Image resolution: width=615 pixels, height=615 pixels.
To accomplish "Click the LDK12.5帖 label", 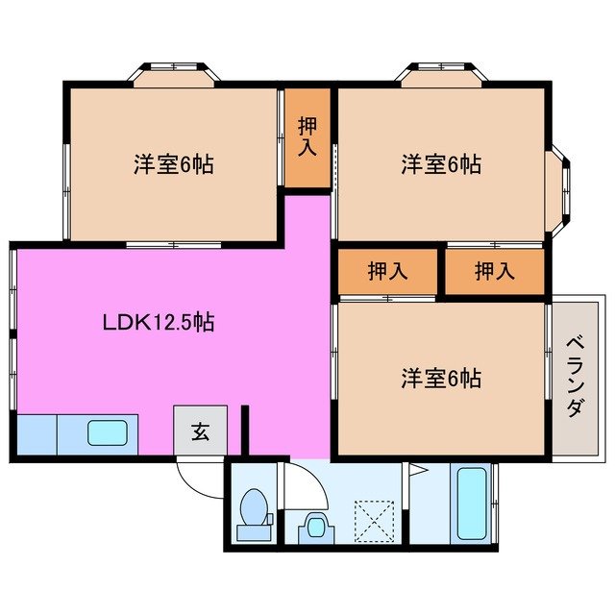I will (x=158, y=323).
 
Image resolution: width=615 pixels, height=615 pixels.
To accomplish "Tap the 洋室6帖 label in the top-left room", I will (x=173, y=164).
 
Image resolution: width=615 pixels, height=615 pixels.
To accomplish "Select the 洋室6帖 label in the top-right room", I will (x=441, y=164).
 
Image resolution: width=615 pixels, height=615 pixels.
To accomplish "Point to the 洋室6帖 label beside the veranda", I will (x=441, y=378).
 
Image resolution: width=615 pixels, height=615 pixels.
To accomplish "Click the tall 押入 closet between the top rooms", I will (x=307, y=136).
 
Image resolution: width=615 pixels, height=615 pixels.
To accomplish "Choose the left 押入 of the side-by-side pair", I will (x=387, y=272).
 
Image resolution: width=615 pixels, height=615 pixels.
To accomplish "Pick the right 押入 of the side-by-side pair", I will (x=494, y=272).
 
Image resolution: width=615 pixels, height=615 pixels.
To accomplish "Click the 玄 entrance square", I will (x=200, y=431).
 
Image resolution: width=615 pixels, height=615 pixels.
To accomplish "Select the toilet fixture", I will (x=254, y=509).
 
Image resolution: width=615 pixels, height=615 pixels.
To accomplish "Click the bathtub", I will (x=472, y=503).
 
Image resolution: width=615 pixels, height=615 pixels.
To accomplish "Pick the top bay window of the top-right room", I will (x=443, y=74).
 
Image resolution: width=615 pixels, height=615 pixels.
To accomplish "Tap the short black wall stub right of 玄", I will (x=245, y=430).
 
